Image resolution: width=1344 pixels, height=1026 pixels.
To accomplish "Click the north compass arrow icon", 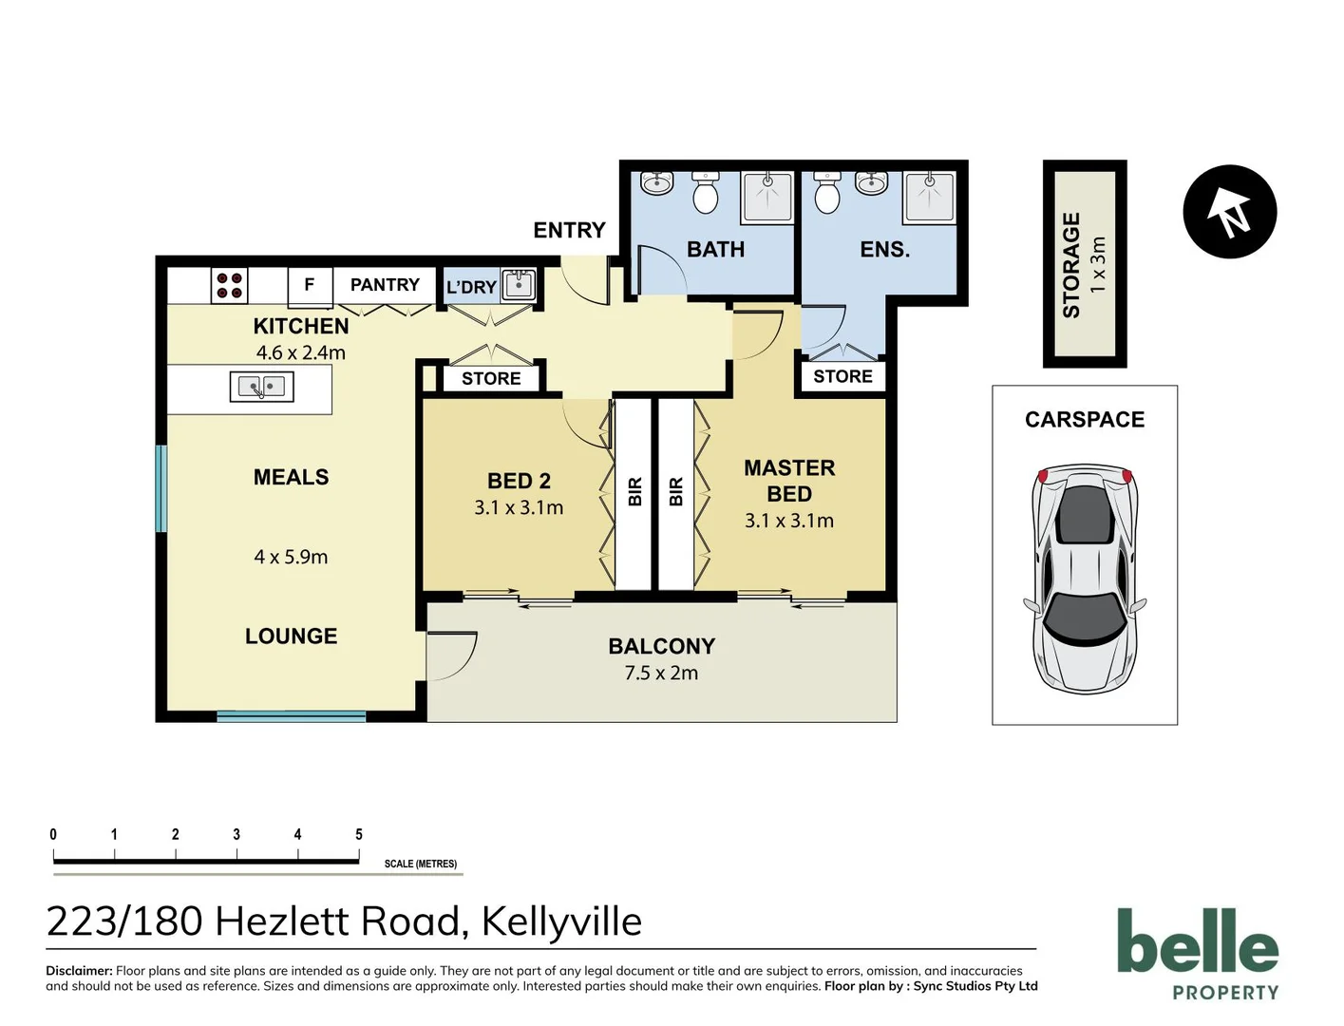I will [x=1229, y=212].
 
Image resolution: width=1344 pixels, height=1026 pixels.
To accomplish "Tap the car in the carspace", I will [x=1084, y=577].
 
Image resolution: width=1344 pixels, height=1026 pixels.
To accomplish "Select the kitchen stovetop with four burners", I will [x=229, y=285].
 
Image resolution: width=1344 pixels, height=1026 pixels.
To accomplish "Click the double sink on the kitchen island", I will [x=261, y=387].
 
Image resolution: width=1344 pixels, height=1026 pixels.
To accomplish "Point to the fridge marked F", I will [x=309, y=284].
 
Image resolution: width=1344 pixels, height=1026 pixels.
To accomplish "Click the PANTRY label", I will [x=385, y=284].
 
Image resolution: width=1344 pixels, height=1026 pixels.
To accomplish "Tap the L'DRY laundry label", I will [x=471, y=287].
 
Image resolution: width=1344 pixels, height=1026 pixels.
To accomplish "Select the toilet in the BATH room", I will [x=705, y=194].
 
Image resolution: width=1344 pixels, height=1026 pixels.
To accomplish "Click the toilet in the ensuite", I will [x=827, y=194].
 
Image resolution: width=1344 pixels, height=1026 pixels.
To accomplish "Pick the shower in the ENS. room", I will [x=929, y=197].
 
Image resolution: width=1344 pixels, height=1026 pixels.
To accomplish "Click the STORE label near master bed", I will [x=842, y=376].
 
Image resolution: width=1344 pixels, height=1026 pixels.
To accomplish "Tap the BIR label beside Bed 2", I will [x=635, y=491].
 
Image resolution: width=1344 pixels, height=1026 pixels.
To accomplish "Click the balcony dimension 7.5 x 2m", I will [x=661, y=673].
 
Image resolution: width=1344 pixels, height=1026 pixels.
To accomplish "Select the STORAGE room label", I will [x=1071, y=265].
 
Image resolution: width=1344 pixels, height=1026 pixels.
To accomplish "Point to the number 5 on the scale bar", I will [x=359, y=834].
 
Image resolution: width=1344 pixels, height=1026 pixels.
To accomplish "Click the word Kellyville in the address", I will [x=561, y=921].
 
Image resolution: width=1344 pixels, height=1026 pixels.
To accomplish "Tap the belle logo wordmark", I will [x=1198, y=941].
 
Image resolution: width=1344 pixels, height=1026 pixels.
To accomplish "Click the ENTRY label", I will [x=569, y=230].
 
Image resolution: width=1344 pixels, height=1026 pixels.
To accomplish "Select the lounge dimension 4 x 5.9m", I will [x=291, y=557].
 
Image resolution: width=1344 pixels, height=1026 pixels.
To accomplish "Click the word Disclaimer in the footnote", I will [x=79, y=971].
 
